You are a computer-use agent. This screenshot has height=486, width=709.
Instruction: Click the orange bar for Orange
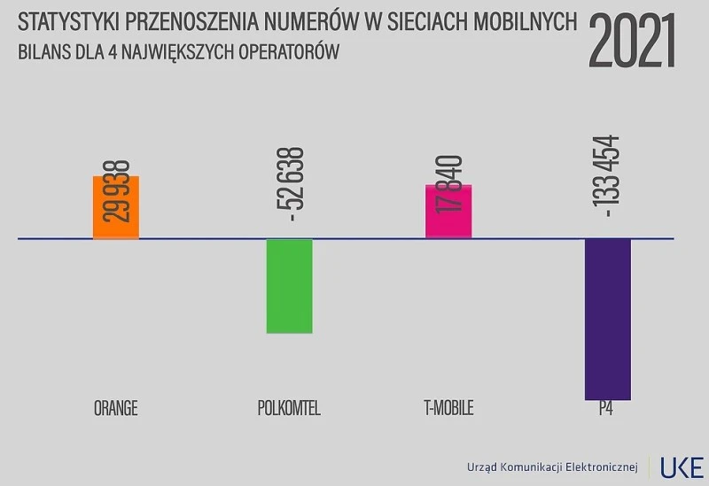(x=116, y=208)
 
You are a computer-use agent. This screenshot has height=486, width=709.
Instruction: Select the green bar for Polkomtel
(x=290, y=286)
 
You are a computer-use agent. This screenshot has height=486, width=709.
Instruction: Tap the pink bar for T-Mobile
(x=448, y=212)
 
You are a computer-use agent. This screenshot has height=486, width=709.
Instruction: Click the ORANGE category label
(x=115, y=408)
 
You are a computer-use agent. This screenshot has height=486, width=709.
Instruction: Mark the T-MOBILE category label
(x=448, y=408)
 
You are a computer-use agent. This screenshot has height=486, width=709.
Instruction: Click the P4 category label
(x=606, y=408)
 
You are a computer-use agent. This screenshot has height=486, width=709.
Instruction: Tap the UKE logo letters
(x=682, y=467)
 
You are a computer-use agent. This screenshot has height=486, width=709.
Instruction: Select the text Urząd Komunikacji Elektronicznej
(x=551, y=467)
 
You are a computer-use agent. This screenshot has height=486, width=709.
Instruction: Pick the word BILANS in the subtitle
(x=43, y=52)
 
